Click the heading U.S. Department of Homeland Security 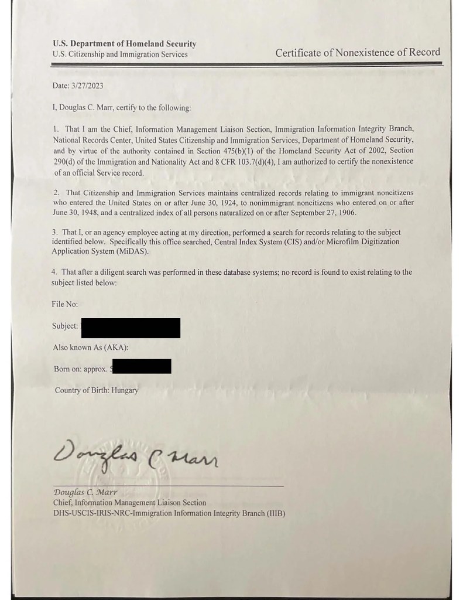(x=124, y=43)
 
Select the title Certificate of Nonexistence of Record (x=358, y=52)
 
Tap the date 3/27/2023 (x=88, y=86)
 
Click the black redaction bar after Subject (x=130, y=327)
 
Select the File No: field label (x=64, y=304)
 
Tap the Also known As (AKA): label (x=90, y=347)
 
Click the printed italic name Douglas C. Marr (x=85, y=493)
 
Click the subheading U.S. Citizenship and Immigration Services (x=120, y=54)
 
